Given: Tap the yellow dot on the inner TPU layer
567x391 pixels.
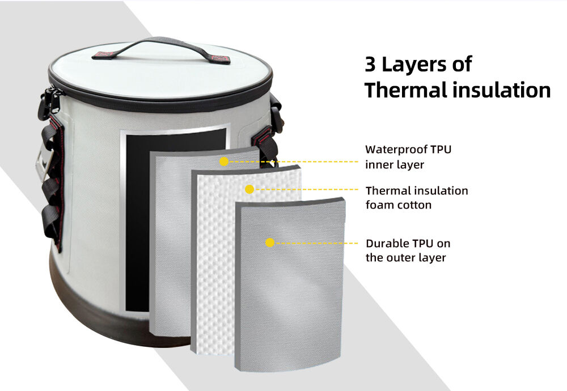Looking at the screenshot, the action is point(224,161).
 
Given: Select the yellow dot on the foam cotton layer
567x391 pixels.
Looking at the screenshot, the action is point(249,189).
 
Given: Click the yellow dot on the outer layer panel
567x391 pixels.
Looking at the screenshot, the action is point(270,243).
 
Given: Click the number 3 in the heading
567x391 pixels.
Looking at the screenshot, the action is point(370,65).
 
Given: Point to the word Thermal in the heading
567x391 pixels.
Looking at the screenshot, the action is point(405,90).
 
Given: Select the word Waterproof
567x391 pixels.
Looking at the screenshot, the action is point(395,150).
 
